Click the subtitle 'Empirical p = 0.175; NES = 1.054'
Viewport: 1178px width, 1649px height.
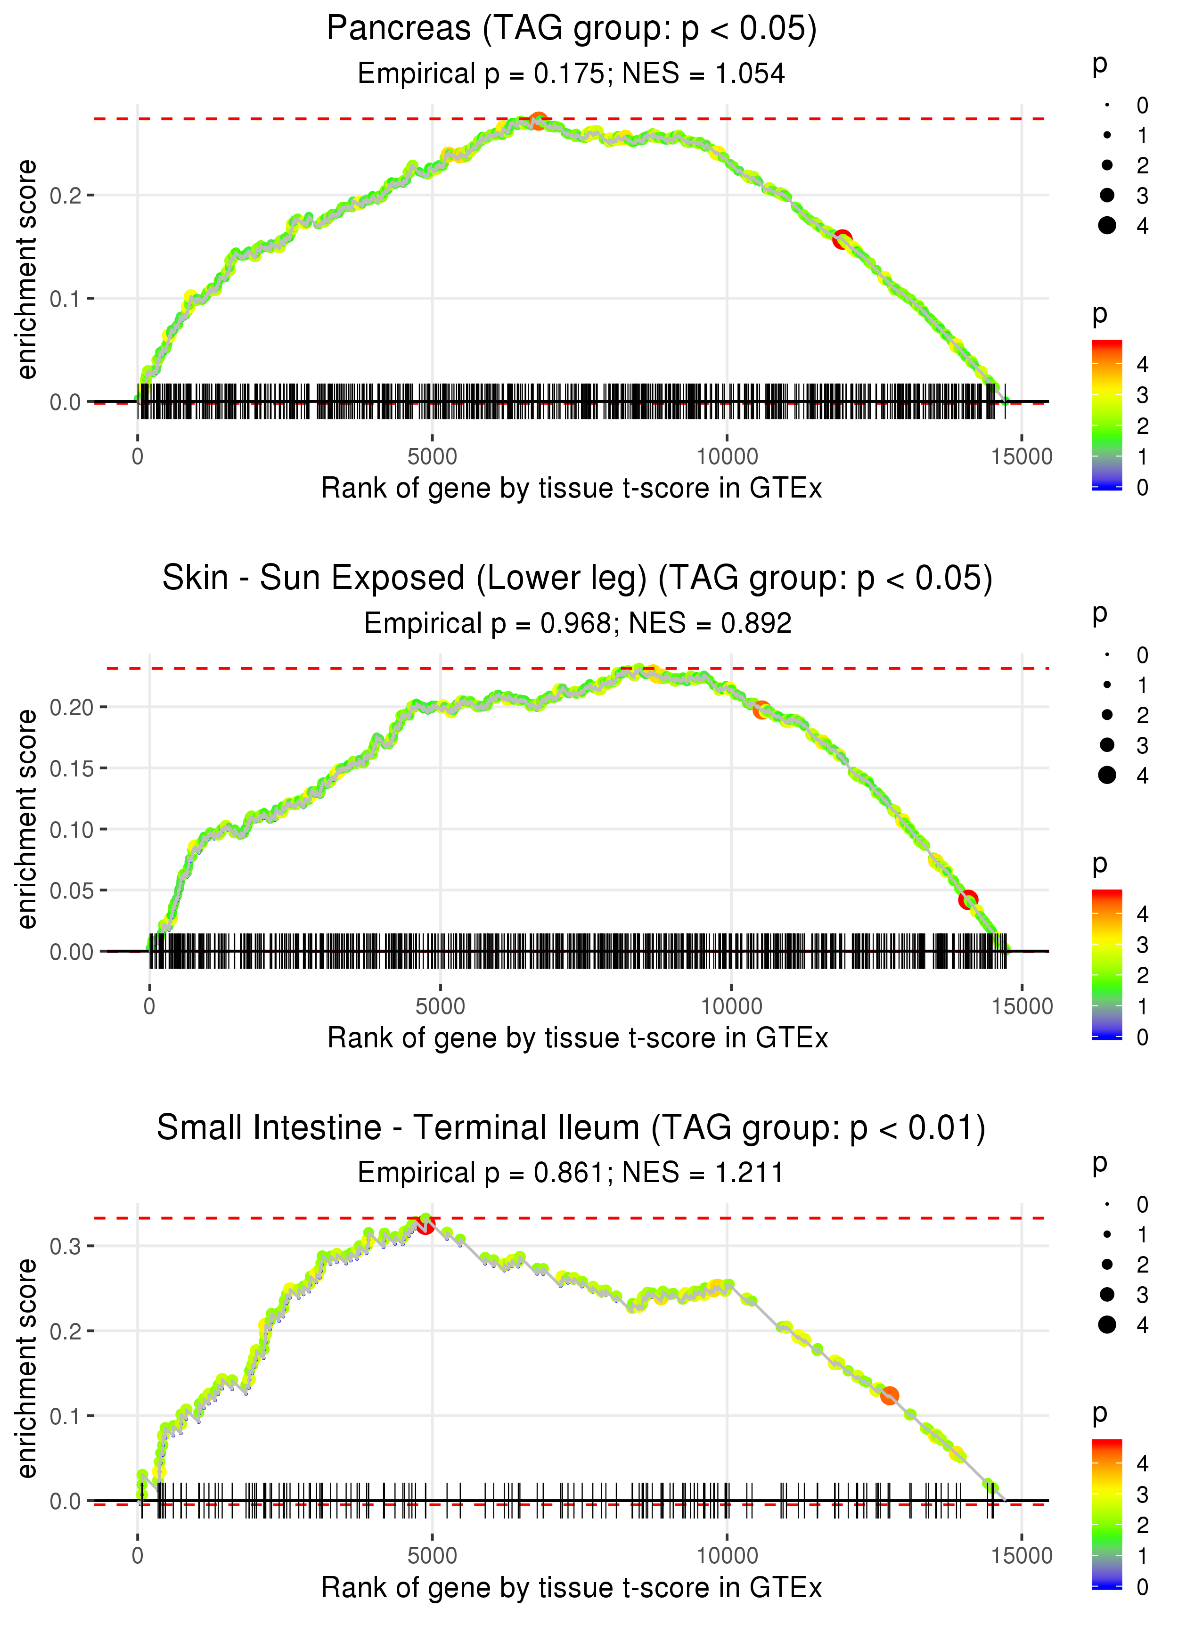572,74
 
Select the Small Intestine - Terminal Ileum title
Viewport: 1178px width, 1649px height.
572,1128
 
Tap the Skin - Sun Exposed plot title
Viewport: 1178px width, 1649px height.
577,579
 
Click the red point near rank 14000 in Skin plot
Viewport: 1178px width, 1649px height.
968,900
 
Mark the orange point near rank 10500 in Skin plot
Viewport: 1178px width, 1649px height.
761,710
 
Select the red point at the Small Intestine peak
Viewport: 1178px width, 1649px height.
425,1225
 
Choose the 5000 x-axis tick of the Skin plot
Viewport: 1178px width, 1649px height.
440,1006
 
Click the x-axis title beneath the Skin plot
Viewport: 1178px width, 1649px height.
577,1038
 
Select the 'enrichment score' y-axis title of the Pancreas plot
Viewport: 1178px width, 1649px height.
27,270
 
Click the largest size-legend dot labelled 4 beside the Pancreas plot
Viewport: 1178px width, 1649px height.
1107,226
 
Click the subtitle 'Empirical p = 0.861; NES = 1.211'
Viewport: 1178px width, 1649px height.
571,1173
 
